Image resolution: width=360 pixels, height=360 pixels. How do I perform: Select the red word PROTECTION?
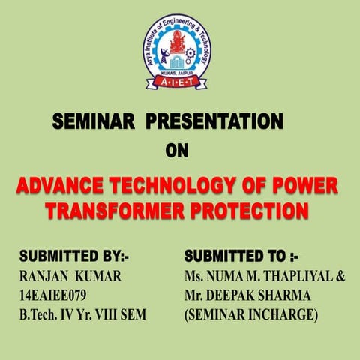[x=253, y=212]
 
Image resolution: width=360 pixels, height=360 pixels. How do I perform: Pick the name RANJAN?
[x=45, y=277]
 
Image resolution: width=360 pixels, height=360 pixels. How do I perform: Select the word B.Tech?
[x=41, y=316]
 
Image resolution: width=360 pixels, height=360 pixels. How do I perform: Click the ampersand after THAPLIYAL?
[x=340, y=277]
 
